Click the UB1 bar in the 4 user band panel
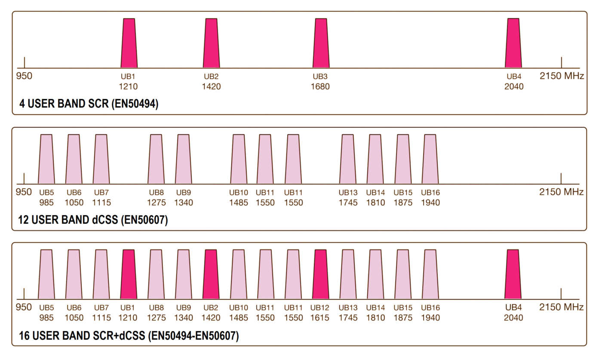click(129, 43)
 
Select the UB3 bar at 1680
click(321, 43)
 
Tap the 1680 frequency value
click(320, 86)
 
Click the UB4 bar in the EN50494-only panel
click(513, 43)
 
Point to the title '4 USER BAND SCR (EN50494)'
click(89, 104)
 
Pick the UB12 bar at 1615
click(321, 274)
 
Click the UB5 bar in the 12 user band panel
click(46, 159)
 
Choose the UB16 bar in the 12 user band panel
click(430, 159)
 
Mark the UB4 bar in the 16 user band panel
click(513, 274)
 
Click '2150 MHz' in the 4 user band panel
click(562, 77)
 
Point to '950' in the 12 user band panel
click(25, 192)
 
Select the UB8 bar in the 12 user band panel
click(156, 159)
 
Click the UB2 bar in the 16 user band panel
click(211, 274)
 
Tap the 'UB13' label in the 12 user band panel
click(348, 193)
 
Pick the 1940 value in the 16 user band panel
click(430, 318)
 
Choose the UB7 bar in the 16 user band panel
click(101, 274)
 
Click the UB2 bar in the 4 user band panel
click(211, 43)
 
